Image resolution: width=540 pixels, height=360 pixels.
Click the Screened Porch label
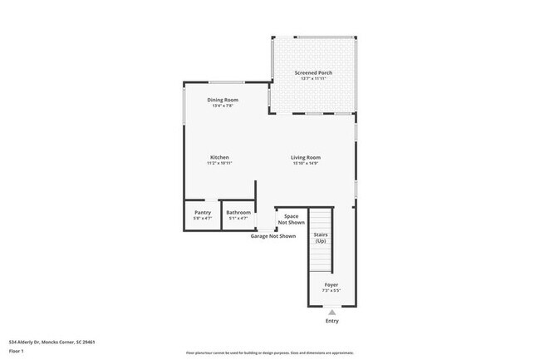point(313,73)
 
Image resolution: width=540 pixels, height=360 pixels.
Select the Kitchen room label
point(219,157)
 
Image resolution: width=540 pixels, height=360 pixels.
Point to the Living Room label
point(306,157)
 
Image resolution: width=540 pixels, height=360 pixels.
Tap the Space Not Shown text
point(291,219)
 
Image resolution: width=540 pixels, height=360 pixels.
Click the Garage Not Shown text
point(273,236)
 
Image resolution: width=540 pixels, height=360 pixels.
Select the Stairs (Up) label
point(321,238)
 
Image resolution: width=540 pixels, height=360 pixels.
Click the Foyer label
point(331,285)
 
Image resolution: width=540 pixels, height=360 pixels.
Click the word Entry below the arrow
point(331,321)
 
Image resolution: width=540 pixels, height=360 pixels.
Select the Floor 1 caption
point(17,351)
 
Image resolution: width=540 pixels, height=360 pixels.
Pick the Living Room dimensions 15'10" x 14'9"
point(306,163)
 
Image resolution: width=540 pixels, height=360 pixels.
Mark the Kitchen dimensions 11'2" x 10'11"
point(219,163)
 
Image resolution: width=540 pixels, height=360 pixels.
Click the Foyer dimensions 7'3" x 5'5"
point(331,291)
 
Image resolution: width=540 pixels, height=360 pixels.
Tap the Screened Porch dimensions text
point(313,79)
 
